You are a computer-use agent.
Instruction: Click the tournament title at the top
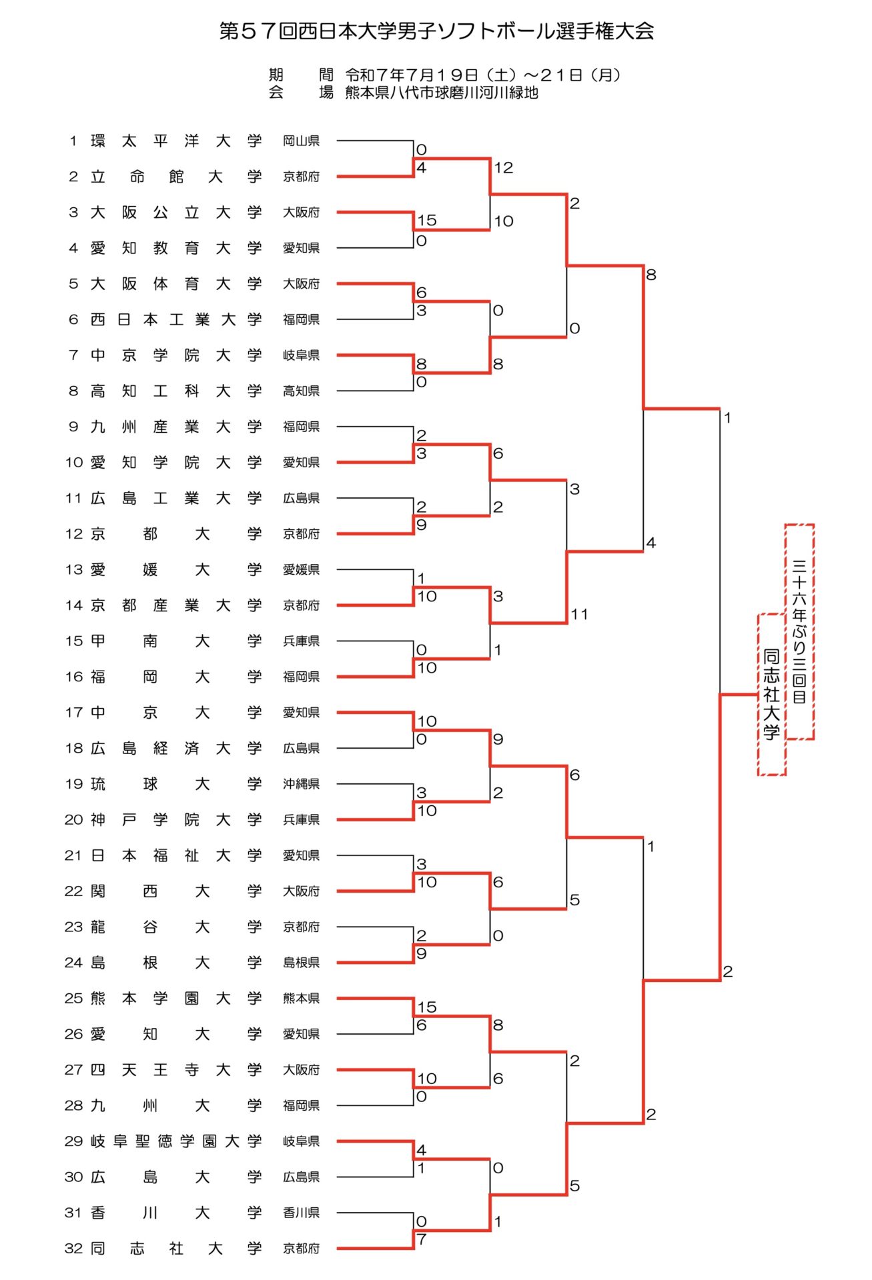[x=436, y=31]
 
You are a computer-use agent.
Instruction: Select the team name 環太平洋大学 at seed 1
[x=176, y=141]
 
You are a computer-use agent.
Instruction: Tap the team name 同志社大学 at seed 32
[x=176, y=1248]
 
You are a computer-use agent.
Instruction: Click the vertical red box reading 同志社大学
[x=771, y=694]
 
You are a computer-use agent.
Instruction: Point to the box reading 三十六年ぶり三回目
[x=799, y=631]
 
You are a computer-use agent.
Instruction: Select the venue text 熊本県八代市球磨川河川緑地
[x=441, y=93]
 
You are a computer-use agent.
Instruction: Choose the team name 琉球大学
[x=176, y=784]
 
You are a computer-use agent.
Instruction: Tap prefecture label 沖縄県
[x=301, y=784]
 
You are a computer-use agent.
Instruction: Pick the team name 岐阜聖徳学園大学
[x=176, y=1141]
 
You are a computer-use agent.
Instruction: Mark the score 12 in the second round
[x=504, y=168]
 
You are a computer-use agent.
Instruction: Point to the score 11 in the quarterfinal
[x=579, y=614]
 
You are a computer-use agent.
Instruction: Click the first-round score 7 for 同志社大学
[x=422, y=1239]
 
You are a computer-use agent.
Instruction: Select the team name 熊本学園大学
[x=176, y=998]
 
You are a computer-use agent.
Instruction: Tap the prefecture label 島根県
[x=301, y=962]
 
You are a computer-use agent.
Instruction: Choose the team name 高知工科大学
[x=176, y=391]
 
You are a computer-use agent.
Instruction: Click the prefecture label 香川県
[x=301, y=1212]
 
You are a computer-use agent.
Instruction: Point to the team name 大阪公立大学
[x=176, y=212]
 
